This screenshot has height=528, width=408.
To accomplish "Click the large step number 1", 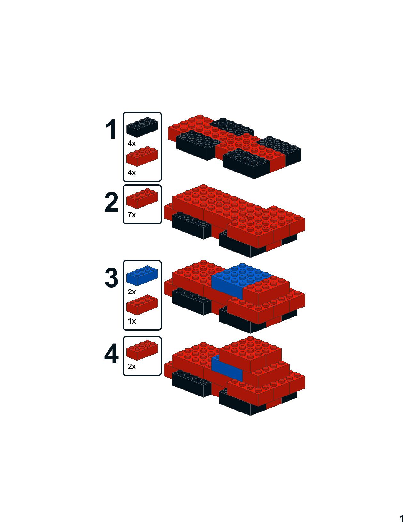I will click(111, 130).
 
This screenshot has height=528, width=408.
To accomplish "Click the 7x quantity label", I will click(132, 215).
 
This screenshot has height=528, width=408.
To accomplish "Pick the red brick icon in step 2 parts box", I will click(142, 198).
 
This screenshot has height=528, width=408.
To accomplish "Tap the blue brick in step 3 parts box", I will click(142, 275).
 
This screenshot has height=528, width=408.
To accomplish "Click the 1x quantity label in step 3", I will click(132, 321).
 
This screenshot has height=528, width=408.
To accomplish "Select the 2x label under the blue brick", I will click(132, 292).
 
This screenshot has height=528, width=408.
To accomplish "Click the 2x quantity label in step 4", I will click(132, 366).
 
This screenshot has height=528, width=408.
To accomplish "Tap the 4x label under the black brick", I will click(132, 143).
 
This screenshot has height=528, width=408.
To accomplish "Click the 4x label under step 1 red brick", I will click(132, 172).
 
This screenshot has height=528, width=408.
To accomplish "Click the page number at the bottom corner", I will click(401, 518).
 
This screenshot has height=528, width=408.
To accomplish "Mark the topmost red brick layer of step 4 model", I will click(250, 352).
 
